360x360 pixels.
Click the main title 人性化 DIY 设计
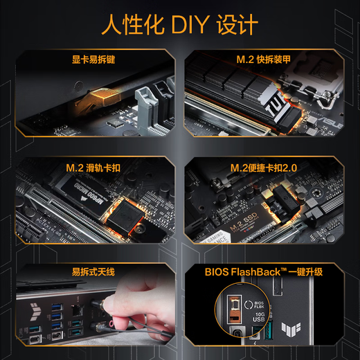tap(180, 26)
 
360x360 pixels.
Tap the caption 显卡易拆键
tap(93, 60)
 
